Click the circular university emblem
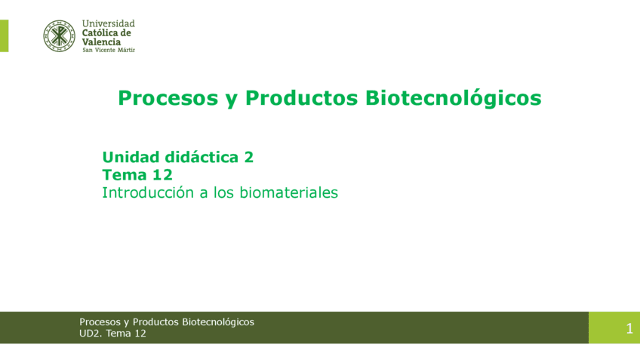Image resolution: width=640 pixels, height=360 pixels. click(59, 35)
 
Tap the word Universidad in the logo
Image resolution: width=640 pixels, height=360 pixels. click(108, 23)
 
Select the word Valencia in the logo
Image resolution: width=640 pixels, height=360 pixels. click(101, 42)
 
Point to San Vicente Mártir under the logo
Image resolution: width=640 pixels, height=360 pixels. click(108, 50)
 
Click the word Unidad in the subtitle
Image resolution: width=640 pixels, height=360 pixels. click(131, 157)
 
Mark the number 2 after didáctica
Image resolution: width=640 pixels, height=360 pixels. click(248, 157)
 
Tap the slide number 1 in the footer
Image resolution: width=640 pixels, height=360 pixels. click(629, 328)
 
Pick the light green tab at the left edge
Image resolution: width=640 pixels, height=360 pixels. click(4, 35)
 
